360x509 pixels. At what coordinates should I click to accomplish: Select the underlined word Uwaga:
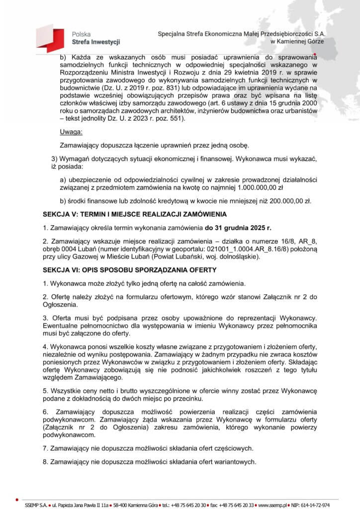coord(71,132)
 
